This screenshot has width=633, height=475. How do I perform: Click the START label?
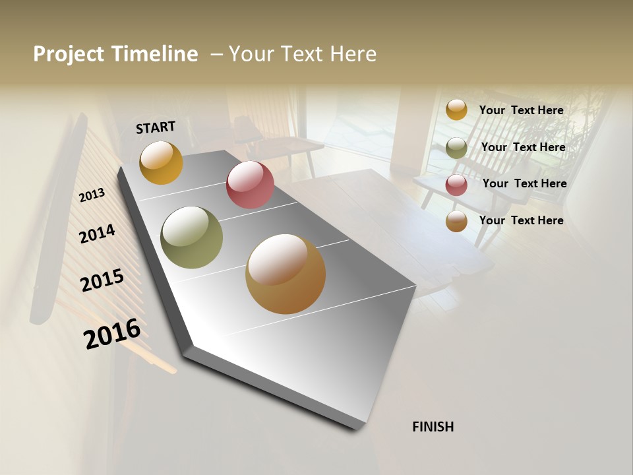(156, 127)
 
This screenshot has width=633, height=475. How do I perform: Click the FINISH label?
(433, 427)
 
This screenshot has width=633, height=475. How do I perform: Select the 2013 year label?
(92, 195)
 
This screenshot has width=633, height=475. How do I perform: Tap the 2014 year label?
(97, 234)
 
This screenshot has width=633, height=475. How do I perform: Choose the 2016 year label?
(112, 334)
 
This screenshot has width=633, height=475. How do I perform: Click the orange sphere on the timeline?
(161, 163)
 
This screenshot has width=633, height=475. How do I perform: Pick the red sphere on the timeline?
(250, 185)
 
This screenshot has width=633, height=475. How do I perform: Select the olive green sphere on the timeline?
(192, 237)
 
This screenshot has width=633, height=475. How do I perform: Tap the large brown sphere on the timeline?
(286, 274)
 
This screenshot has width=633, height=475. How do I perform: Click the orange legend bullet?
(456, 110)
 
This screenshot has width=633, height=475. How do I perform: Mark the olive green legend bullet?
(456, 148)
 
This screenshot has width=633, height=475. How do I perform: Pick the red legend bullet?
(456, 185)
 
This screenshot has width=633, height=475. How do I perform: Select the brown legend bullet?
(456, 222)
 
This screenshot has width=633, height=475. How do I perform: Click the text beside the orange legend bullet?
(521, 110)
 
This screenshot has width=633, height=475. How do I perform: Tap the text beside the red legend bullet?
(524, 183)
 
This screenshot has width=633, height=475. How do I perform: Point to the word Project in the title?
(68, 54)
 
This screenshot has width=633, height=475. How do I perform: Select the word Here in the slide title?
(353, 54)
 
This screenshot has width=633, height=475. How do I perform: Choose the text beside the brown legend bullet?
(521, 220)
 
